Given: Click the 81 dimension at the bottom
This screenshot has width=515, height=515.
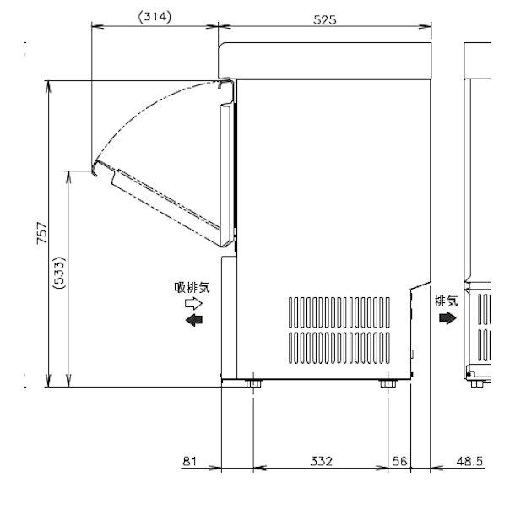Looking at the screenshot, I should pyautogui.click(x=189, y=461).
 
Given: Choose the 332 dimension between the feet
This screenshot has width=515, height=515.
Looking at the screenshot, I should pyautogui.click(x=320, y=461).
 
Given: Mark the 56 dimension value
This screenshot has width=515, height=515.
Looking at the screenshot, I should pyautogui.click(x=400, y=461).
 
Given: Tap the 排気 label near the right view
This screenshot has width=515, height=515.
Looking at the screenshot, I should pyautogui.click(x=447, y=300).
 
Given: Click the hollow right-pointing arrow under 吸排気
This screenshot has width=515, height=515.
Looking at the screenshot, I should pyautogui.click(x=195, y=302).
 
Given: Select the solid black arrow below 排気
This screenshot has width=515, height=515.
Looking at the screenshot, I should pyautogui.click(x=446, y=317).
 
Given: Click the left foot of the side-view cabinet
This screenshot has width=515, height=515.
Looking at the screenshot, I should pyautogui.click(x=253, y=385).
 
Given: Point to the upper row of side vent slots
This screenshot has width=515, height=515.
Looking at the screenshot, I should pyautogui.click(x=343, y=310).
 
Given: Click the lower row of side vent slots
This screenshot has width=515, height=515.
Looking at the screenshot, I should pyautogui.click(x=343, y=346).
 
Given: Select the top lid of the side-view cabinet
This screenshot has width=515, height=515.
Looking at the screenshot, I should pyautogui.click(x=325, y=60).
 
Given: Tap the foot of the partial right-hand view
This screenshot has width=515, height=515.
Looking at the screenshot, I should pyautogui.click(x=480, y=383).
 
